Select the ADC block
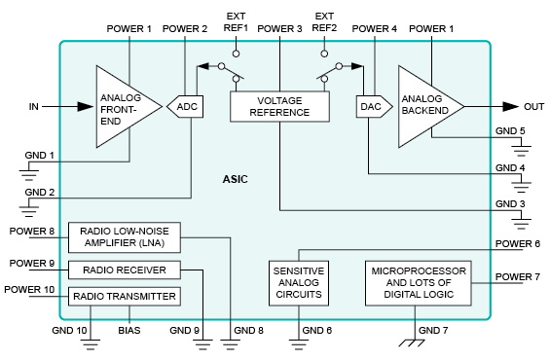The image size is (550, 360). [x=188, y=105]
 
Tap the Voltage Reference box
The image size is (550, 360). [x=278, y=106]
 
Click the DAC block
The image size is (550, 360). [x=370, y=105]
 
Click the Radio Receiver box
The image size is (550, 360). [x=124, y=270]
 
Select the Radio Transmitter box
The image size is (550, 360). [x=123, y=296]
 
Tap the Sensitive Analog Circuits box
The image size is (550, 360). [x=298, y=281]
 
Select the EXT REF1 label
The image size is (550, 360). [x=236, y=22]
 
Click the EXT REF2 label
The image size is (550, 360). [x=325, y=22]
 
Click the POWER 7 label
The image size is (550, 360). [x=517, y=277]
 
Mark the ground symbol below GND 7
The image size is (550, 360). [x=419, y=343]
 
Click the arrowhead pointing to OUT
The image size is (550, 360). [x=511, y=106]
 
